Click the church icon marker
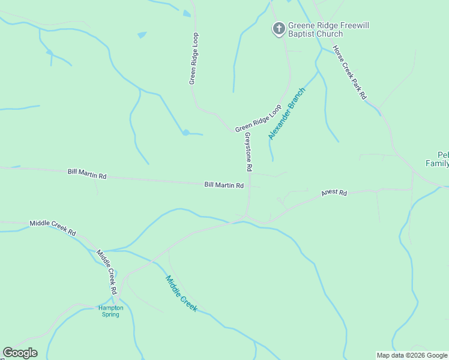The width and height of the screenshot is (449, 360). (x=279, y=28)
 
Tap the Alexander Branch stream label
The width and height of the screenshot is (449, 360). (x=287, y=114)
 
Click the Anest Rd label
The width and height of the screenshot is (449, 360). (x=334, y=193)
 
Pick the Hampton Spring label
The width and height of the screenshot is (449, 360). (x=110, y=311)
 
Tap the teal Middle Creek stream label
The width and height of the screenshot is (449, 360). (x=181, y=293)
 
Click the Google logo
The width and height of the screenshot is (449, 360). (x=20, y=353)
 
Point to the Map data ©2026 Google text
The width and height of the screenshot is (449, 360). (x=412, y=355)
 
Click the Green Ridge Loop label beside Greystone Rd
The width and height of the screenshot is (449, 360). (x=258, y=119)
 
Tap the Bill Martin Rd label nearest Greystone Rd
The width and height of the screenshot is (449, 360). (x=224, y=185)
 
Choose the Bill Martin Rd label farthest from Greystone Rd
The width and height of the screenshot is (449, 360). (x=87, y=174)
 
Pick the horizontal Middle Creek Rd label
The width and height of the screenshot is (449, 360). (x=53, y=227)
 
